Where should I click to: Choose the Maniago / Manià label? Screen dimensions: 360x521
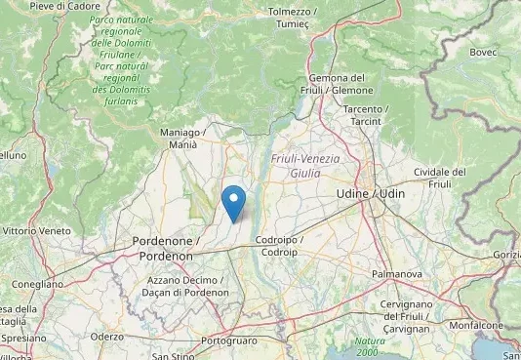pyautogui.click(x=182, y=138)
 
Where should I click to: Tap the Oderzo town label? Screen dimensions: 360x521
pyautogui.click(x=106, y=336)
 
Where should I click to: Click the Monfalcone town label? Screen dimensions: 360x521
pyautogui.click(x=476, y=325)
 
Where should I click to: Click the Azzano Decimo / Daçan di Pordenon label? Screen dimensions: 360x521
pyautogui.click(x=184, y=286)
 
